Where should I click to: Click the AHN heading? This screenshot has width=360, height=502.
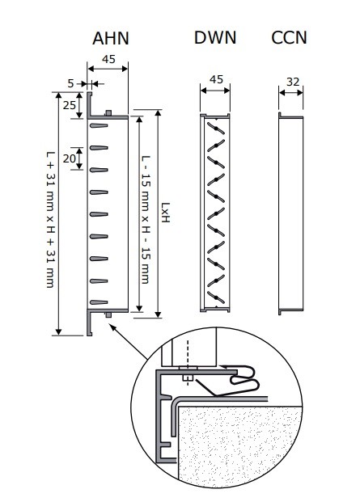point(111,39)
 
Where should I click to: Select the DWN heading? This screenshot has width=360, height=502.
point(215,37)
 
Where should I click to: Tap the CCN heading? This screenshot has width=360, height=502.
point(289,37)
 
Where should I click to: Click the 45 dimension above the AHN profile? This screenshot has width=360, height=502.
point(108,59)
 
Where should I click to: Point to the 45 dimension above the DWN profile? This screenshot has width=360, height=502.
point(216,79)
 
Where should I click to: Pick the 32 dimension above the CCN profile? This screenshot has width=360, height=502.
point(293,82)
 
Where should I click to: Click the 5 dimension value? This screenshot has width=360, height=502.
point(70,83)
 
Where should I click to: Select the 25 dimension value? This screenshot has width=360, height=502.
point(70,105)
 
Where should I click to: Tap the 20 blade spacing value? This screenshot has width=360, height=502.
point(70,158)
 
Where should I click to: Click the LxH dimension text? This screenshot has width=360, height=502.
point(165,213)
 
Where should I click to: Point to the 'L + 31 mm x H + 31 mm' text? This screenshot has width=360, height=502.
point(51,220)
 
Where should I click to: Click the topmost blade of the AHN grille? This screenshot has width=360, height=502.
point(99,125)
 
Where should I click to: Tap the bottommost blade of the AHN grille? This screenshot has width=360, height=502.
point(99,302)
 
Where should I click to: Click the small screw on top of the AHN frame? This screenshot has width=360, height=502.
point(108,113)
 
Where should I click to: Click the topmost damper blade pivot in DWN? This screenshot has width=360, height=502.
point(216,129)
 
